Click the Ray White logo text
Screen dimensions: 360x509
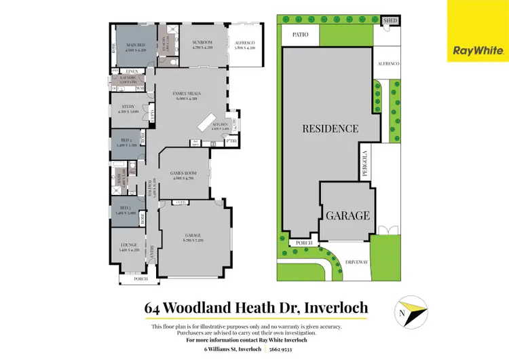tap(478, 50)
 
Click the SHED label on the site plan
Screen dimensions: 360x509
tap(390, 21)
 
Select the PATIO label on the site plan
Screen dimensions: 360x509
tap(300, 34)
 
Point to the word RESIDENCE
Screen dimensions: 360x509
tap(331, 128)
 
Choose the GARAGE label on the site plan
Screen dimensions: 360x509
tap(347, 215)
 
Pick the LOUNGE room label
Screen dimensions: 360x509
tap(128, 245)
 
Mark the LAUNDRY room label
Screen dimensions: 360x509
tap(128, 78)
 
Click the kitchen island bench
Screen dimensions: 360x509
tap(206, 122)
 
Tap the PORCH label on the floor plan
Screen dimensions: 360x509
tap(140, 278)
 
